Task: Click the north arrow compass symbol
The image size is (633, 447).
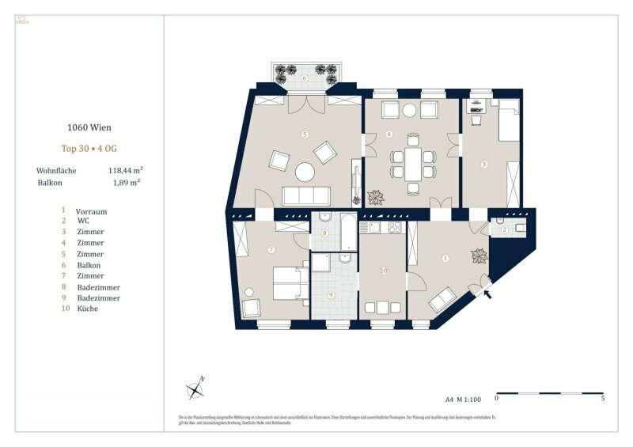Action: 195,388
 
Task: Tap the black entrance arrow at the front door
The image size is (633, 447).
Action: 487,294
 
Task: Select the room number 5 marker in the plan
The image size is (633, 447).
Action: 305,135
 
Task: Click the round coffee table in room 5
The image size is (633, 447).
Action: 305,172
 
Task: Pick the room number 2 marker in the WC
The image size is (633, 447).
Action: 503,229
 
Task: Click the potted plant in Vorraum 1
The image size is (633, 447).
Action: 478,256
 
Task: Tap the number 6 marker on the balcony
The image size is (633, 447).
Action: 305,78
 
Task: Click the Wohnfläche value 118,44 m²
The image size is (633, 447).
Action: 124,170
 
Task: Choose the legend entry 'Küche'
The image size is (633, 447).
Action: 87,309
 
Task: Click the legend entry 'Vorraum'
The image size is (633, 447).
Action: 91,212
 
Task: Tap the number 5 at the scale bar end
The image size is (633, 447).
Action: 603,400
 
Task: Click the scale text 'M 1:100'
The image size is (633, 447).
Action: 472,400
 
